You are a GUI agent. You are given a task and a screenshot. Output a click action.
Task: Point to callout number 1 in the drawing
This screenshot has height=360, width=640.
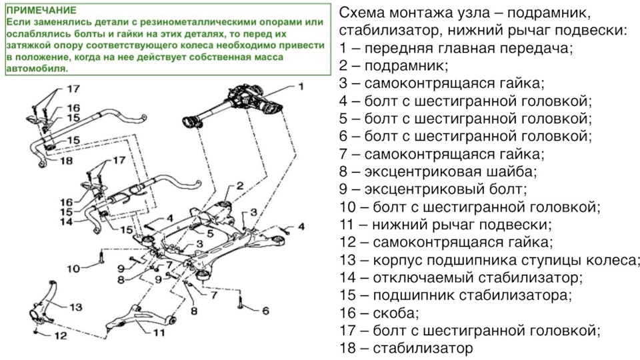point(300,87)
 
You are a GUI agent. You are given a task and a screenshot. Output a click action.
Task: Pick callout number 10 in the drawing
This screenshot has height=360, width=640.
point(73,269)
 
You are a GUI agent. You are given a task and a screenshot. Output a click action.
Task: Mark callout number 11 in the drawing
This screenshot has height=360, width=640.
point(158,331)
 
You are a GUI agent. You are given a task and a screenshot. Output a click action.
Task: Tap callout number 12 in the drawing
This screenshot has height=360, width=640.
point(60,337)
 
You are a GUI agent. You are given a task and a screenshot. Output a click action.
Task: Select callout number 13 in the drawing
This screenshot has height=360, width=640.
point(75,307)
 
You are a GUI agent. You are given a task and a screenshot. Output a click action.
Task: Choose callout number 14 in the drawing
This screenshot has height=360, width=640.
point(64,221)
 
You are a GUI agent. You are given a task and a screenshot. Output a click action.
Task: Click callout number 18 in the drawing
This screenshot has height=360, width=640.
point(66,161)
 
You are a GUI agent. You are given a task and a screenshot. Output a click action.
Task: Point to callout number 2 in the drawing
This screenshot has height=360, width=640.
point(239,185)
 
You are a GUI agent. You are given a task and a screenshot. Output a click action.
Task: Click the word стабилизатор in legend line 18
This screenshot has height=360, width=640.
point(423,347)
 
